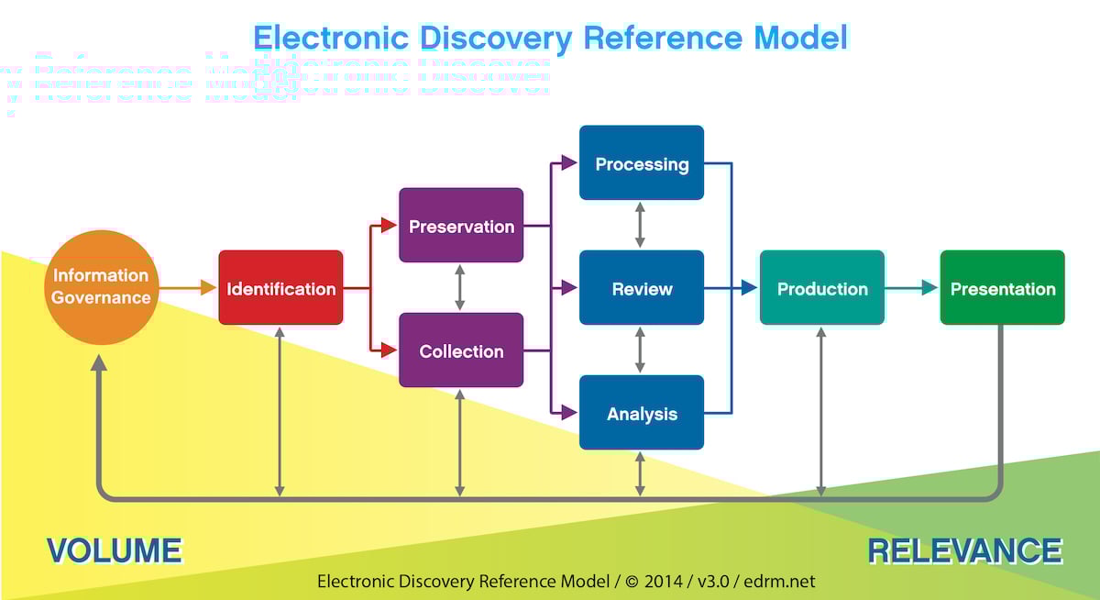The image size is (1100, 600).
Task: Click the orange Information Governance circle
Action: (x=101, y=287)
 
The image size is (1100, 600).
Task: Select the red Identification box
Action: (x=280, y=288)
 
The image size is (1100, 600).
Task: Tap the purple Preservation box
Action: (x=461, y=226)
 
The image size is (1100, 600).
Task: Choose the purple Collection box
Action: (x=461, y=350)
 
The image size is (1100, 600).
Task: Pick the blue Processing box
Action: (x=642, y=163)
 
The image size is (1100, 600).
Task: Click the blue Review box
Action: (x=642, y=288)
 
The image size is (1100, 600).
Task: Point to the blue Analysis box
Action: (x=642, y=413)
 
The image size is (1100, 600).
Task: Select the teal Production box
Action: (x=822, y=288)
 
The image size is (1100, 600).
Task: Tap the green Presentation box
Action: (x=1003, y=288)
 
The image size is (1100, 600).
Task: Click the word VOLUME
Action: (x=114, y=550)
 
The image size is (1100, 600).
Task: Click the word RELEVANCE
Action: (x=964, y=550)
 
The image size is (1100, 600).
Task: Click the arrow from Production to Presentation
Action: (x=912, y=288)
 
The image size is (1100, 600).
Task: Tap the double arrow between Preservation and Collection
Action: (x=460, y=287)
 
